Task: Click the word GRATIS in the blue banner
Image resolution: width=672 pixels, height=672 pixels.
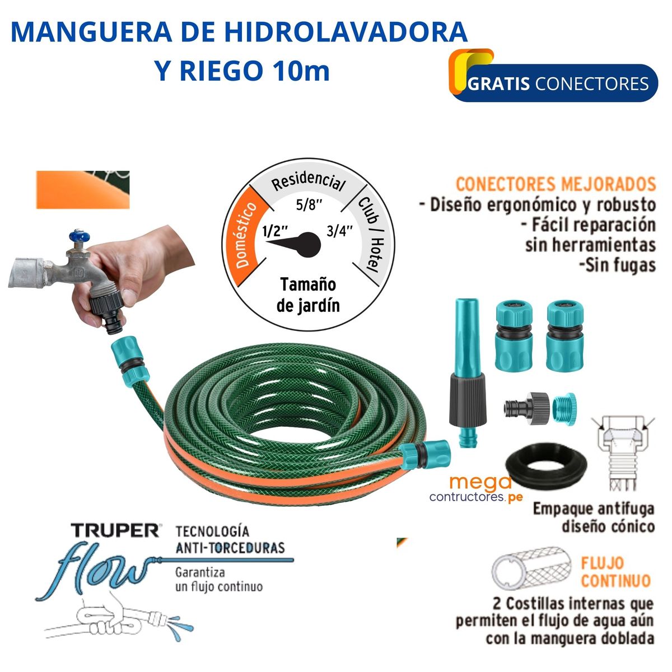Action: pos(499,84)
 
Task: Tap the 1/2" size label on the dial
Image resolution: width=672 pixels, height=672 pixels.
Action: pos(275,231)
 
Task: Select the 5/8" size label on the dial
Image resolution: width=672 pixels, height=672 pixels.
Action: pos(310,204)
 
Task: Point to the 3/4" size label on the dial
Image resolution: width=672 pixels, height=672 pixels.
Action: pos(340,231)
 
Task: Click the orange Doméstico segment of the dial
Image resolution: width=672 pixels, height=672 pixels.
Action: pos(245,235)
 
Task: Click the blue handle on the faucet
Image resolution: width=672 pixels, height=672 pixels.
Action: pos(76,237)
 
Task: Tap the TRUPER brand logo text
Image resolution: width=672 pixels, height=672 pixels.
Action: pos(115,530)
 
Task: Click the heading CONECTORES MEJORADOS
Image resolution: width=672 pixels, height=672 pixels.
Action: pos(556,184)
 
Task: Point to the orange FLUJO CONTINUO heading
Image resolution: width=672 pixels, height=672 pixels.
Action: pos(615,571)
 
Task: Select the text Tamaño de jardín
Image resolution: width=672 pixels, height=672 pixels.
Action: pos(308,295)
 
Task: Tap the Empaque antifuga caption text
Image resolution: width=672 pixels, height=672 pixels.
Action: pos(594,517)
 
